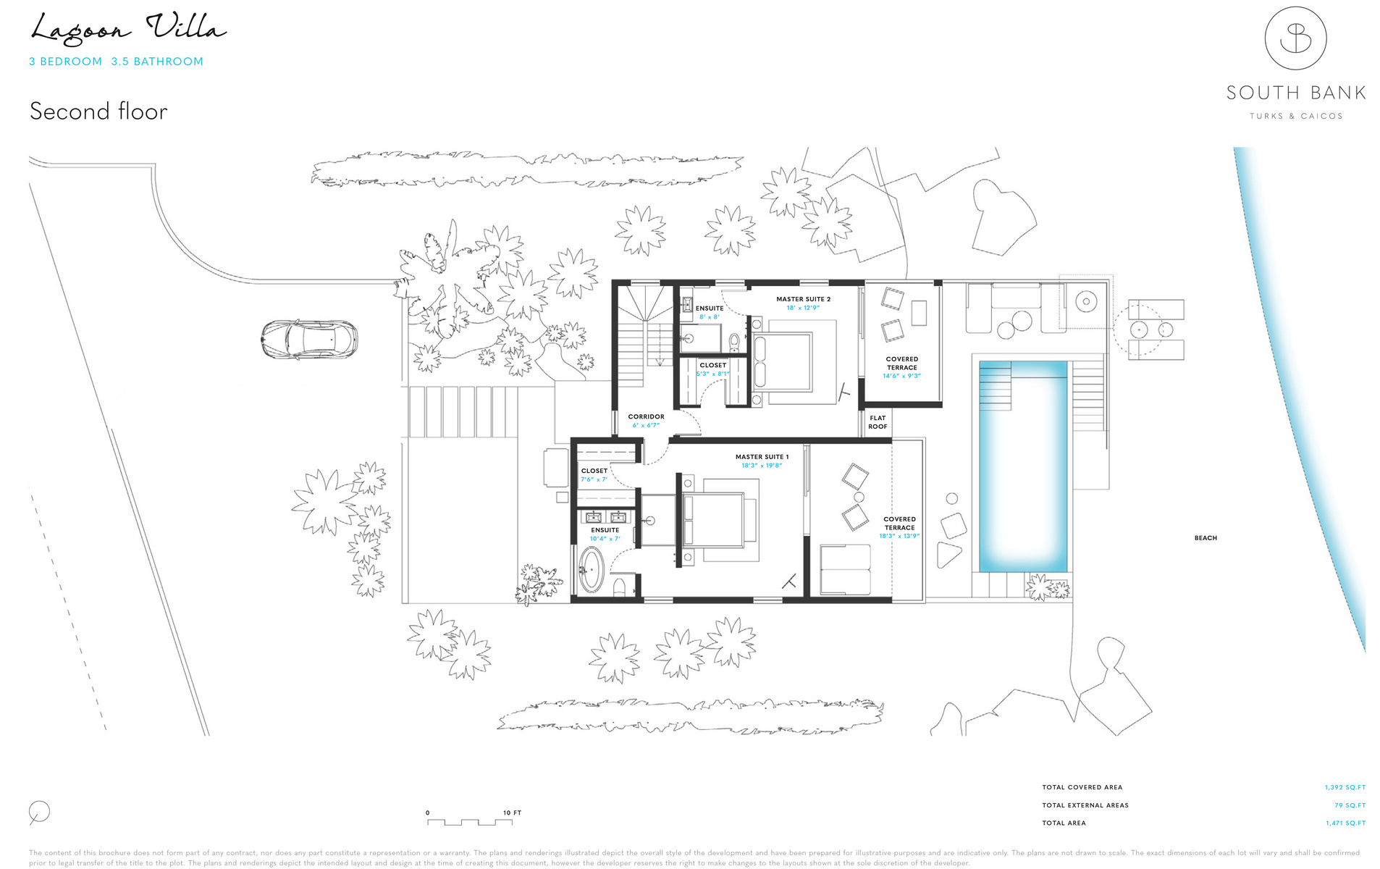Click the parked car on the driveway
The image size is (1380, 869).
309,339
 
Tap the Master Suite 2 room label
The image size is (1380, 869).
803,299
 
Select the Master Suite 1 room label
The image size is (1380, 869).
762,457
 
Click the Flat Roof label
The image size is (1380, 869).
878,422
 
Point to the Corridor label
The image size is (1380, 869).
646,416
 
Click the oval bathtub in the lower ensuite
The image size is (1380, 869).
592,569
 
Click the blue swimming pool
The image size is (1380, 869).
1023,467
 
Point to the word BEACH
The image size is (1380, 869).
1206,538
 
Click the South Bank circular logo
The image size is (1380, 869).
1295,39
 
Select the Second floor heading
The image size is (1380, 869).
98,112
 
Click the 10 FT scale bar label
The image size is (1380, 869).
512,813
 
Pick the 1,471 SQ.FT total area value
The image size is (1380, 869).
1345,823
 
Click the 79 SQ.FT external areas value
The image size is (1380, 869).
1350,805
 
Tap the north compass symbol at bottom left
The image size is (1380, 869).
39,813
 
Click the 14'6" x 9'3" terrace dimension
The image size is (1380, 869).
901,376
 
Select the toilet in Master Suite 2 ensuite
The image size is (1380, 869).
734,340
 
